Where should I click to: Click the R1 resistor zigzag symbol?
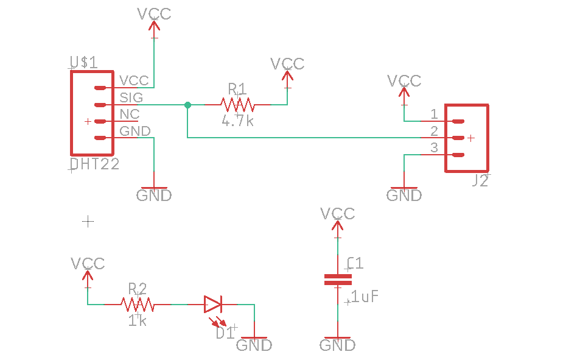pos(237,104)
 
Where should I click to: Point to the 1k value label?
pos(138,320)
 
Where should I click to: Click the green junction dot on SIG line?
pos(187,105)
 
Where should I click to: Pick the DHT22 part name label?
pos(94,164)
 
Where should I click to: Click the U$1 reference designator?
pos(83,62)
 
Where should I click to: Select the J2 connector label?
pos(480,180)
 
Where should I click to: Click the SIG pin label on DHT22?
pos(131,97)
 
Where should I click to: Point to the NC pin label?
pos(130,114)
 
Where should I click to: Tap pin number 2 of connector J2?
pos(434,131)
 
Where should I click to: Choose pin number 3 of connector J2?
pos(434,147)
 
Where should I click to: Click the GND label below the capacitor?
pos(338,345)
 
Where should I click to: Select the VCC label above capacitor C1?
pos(338,214)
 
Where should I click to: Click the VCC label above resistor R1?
pos(287,64)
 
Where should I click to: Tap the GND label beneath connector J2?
pos(404,196)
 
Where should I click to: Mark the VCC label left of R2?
pos(88,264)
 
